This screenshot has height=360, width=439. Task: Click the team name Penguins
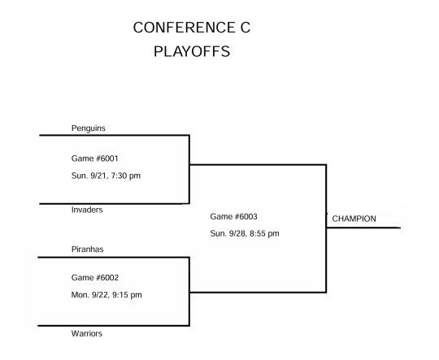click(x=89, y=128)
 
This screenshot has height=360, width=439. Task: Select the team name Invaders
click(x=87, y=210)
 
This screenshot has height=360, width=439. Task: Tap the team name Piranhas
click(x=87, y=249)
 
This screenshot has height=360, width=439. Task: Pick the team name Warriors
click(x=87, y=333)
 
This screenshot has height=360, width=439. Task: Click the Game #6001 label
click(x=95, y=158)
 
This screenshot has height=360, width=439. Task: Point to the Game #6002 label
click(x=95, y=278)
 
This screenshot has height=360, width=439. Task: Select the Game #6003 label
click(x=234, y=216)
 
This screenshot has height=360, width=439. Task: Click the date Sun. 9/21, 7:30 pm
click(x=106, y=176)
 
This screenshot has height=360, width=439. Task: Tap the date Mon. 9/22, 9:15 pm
click(x=106, y=295)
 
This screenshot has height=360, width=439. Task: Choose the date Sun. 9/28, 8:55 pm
click(x=245, y=233)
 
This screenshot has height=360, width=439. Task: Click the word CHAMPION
click(x=354, y=219)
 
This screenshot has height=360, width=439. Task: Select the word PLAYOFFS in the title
click(x=192, y=51)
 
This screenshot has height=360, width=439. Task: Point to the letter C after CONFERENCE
click(x=245, y=28)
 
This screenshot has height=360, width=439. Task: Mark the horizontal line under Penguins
click(x=115, y=135)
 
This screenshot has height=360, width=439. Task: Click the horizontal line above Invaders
click(x=115, y=203)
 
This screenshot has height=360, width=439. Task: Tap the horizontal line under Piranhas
click(x=114, y=257)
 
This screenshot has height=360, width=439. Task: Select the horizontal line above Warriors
click(x=114, y=326)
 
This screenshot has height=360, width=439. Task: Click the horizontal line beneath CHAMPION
click(x=363, y=228)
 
